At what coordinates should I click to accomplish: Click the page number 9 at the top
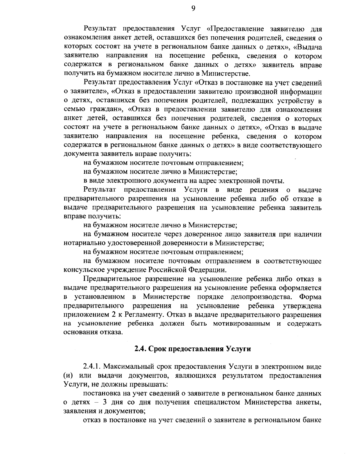193,9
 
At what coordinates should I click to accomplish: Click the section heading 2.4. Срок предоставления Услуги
192,349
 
